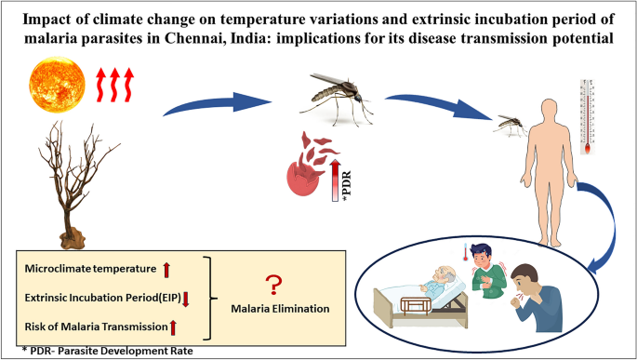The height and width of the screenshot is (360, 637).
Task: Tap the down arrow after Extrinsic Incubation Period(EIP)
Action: click(x=186, y=298)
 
